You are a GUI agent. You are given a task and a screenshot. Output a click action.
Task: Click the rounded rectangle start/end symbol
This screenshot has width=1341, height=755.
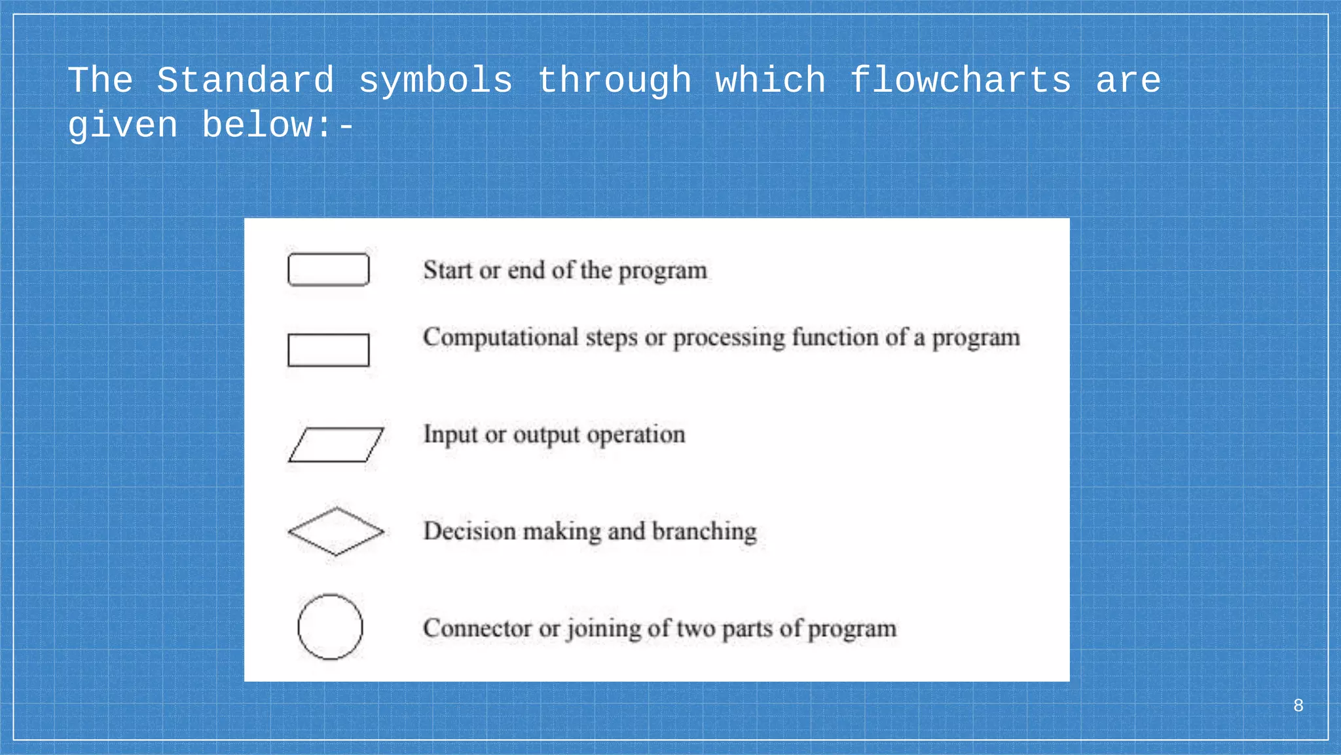pos(328,269)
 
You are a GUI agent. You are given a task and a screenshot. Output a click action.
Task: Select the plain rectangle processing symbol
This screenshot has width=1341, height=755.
pos(328,350)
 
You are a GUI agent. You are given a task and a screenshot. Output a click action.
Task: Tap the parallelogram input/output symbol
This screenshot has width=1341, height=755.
pos(336,445)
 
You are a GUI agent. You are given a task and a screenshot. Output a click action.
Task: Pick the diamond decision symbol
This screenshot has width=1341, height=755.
pos(336,532)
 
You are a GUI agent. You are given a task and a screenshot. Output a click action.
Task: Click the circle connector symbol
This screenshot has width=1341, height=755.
pos(330,627)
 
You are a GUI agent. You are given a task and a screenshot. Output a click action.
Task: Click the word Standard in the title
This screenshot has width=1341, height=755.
pos(246,81)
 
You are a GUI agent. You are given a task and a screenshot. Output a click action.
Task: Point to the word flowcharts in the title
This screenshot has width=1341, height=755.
pos(960,81)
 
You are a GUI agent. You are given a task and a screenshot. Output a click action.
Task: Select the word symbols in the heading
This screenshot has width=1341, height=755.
pos(435,81)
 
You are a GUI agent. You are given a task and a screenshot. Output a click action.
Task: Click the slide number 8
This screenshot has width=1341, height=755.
pos(1298,706)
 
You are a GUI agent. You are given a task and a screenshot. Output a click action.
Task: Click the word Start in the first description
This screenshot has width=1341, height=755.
pos(447,270)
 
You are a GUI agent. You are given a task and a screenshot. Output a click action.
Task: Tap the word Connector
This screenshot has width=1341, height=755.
pos(477,628)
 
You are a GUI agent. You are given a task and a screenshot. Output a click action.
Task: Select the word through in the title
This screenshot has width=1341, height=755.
pos(614,81)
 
